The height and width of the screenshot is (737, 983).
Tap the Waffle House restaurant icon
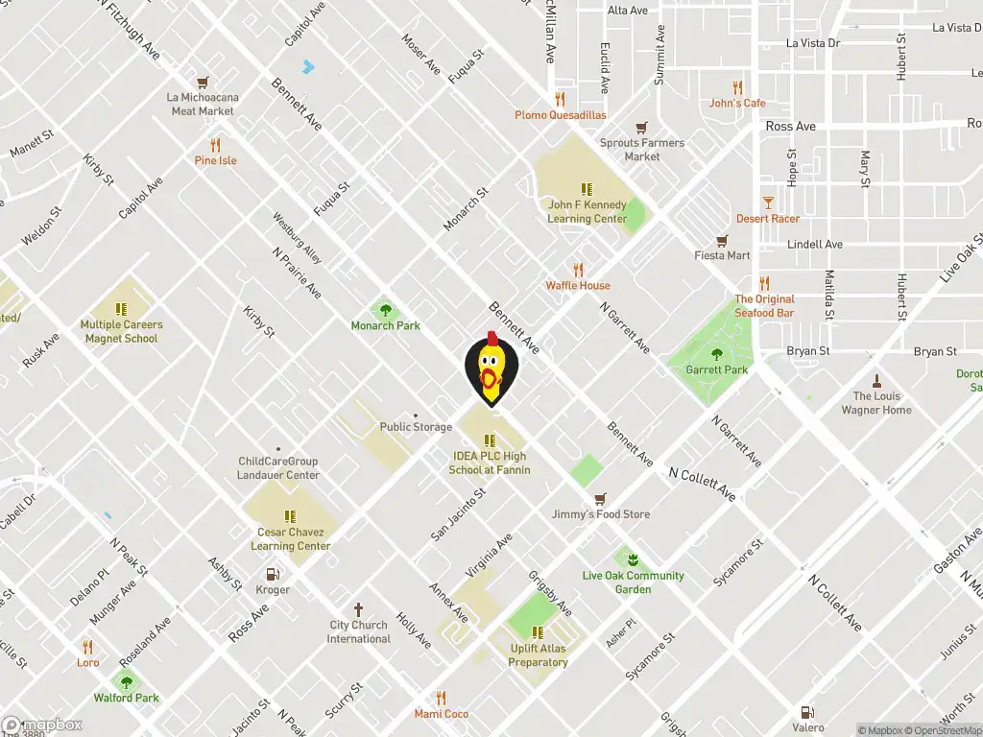(x=578, y=270)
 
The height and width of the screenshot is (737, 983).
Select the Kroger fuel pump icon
(x=273, y=574)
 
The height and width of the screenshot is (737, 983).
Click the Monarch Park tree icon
(x=385, y=310)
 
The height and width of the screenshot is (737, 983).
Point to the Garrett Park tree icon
(x=716, y=354)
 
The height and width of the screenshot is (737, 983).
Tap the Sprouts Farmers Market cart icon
(x=641, y=128)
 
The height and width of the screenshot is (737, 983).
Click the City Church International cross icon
(x=358, y=609)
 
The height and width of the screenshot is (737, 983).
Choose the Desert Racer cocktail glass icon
(x=767, y=202)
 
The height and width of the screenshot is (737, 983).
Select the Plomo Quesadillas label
(x=561, y=115)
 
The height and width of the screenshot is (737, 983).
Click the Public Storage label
(x=416, y=427)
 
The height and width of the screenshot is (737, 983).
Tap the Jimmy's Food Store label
(x=601, y=514)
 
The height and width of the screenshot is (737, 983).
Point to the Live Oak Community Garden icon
(x=632, y=559)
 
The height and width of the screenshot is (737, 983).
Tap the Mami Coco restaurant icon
(x=441, y=698)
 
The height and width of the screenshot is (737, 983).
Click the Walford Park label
(x=127, y=698)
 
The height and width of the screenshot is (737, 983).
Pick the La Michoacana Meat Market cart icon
(x=203, y=83)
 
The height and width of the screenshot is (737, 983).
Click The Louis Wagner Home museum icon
(x=875, y=380)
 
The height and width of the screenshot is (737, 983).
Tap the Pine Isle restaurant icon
(x=215, y=145)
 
